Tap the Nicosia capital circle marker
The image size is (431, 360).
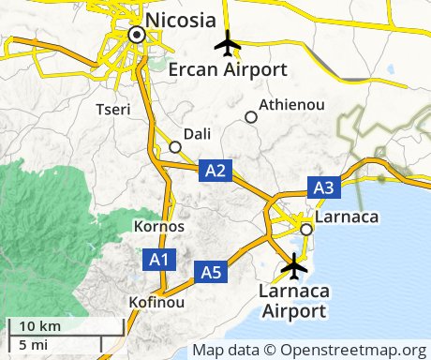point(137,35)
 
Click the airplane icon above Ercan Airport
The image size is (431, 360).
point(228,44)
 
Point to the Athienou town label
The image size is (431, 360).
point(291,104)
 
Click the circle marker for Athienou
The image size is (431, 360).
point(250,117)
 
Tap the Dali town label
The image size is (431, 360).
point(199,133)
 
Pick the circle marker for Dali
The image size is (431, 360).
point(174,146)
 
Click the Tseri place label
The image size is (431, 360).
point(113,110)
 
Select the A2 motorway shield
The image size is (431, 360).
point(215,170)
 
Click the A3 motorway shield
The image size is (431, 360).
point(323,187)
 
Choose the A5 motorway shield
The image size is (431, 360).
point(212,273)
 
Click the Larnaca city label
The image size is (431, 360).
point(347,217)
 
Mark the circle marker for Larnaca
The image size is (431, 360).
point(305,229)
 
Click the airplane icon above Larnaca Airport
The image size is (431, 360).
point(295,266)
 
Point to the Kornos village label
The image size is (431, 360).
point(159,227)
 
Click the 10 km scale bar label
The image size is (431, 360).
point(39,325)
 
